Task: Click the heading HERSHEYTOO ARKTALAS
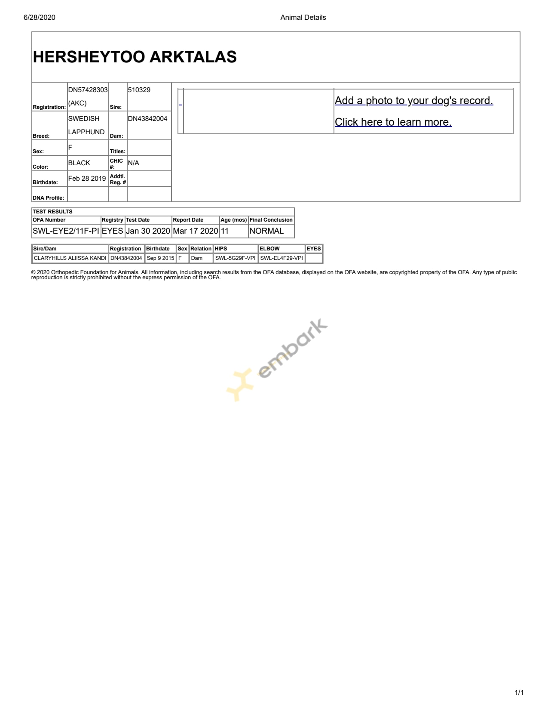135,57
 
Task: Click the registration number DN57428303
88,90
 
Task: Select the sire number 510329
139,90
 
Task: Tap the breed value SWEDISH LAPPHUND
86,125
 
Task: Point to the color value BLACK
79,163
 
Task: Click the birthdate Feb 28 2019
87,179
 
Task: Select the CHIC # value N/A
133,163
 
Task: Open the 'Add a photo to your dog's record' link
413,101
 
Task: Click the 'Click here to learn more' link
393,122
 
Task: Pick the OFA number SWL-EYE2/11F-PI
66,231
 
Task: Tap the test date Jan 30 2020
148,231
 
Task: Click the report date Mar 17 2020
195,231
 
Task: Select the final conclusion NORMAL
266,231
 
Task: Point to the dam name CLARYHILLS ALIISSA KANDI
70,258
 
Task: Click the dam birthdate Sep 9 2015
160,258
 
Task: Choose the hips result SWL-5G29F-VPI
235,258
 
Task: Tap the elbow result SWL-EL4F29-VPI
282,258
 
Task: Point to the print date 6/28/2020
40,18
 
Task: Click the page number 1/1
519,692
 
